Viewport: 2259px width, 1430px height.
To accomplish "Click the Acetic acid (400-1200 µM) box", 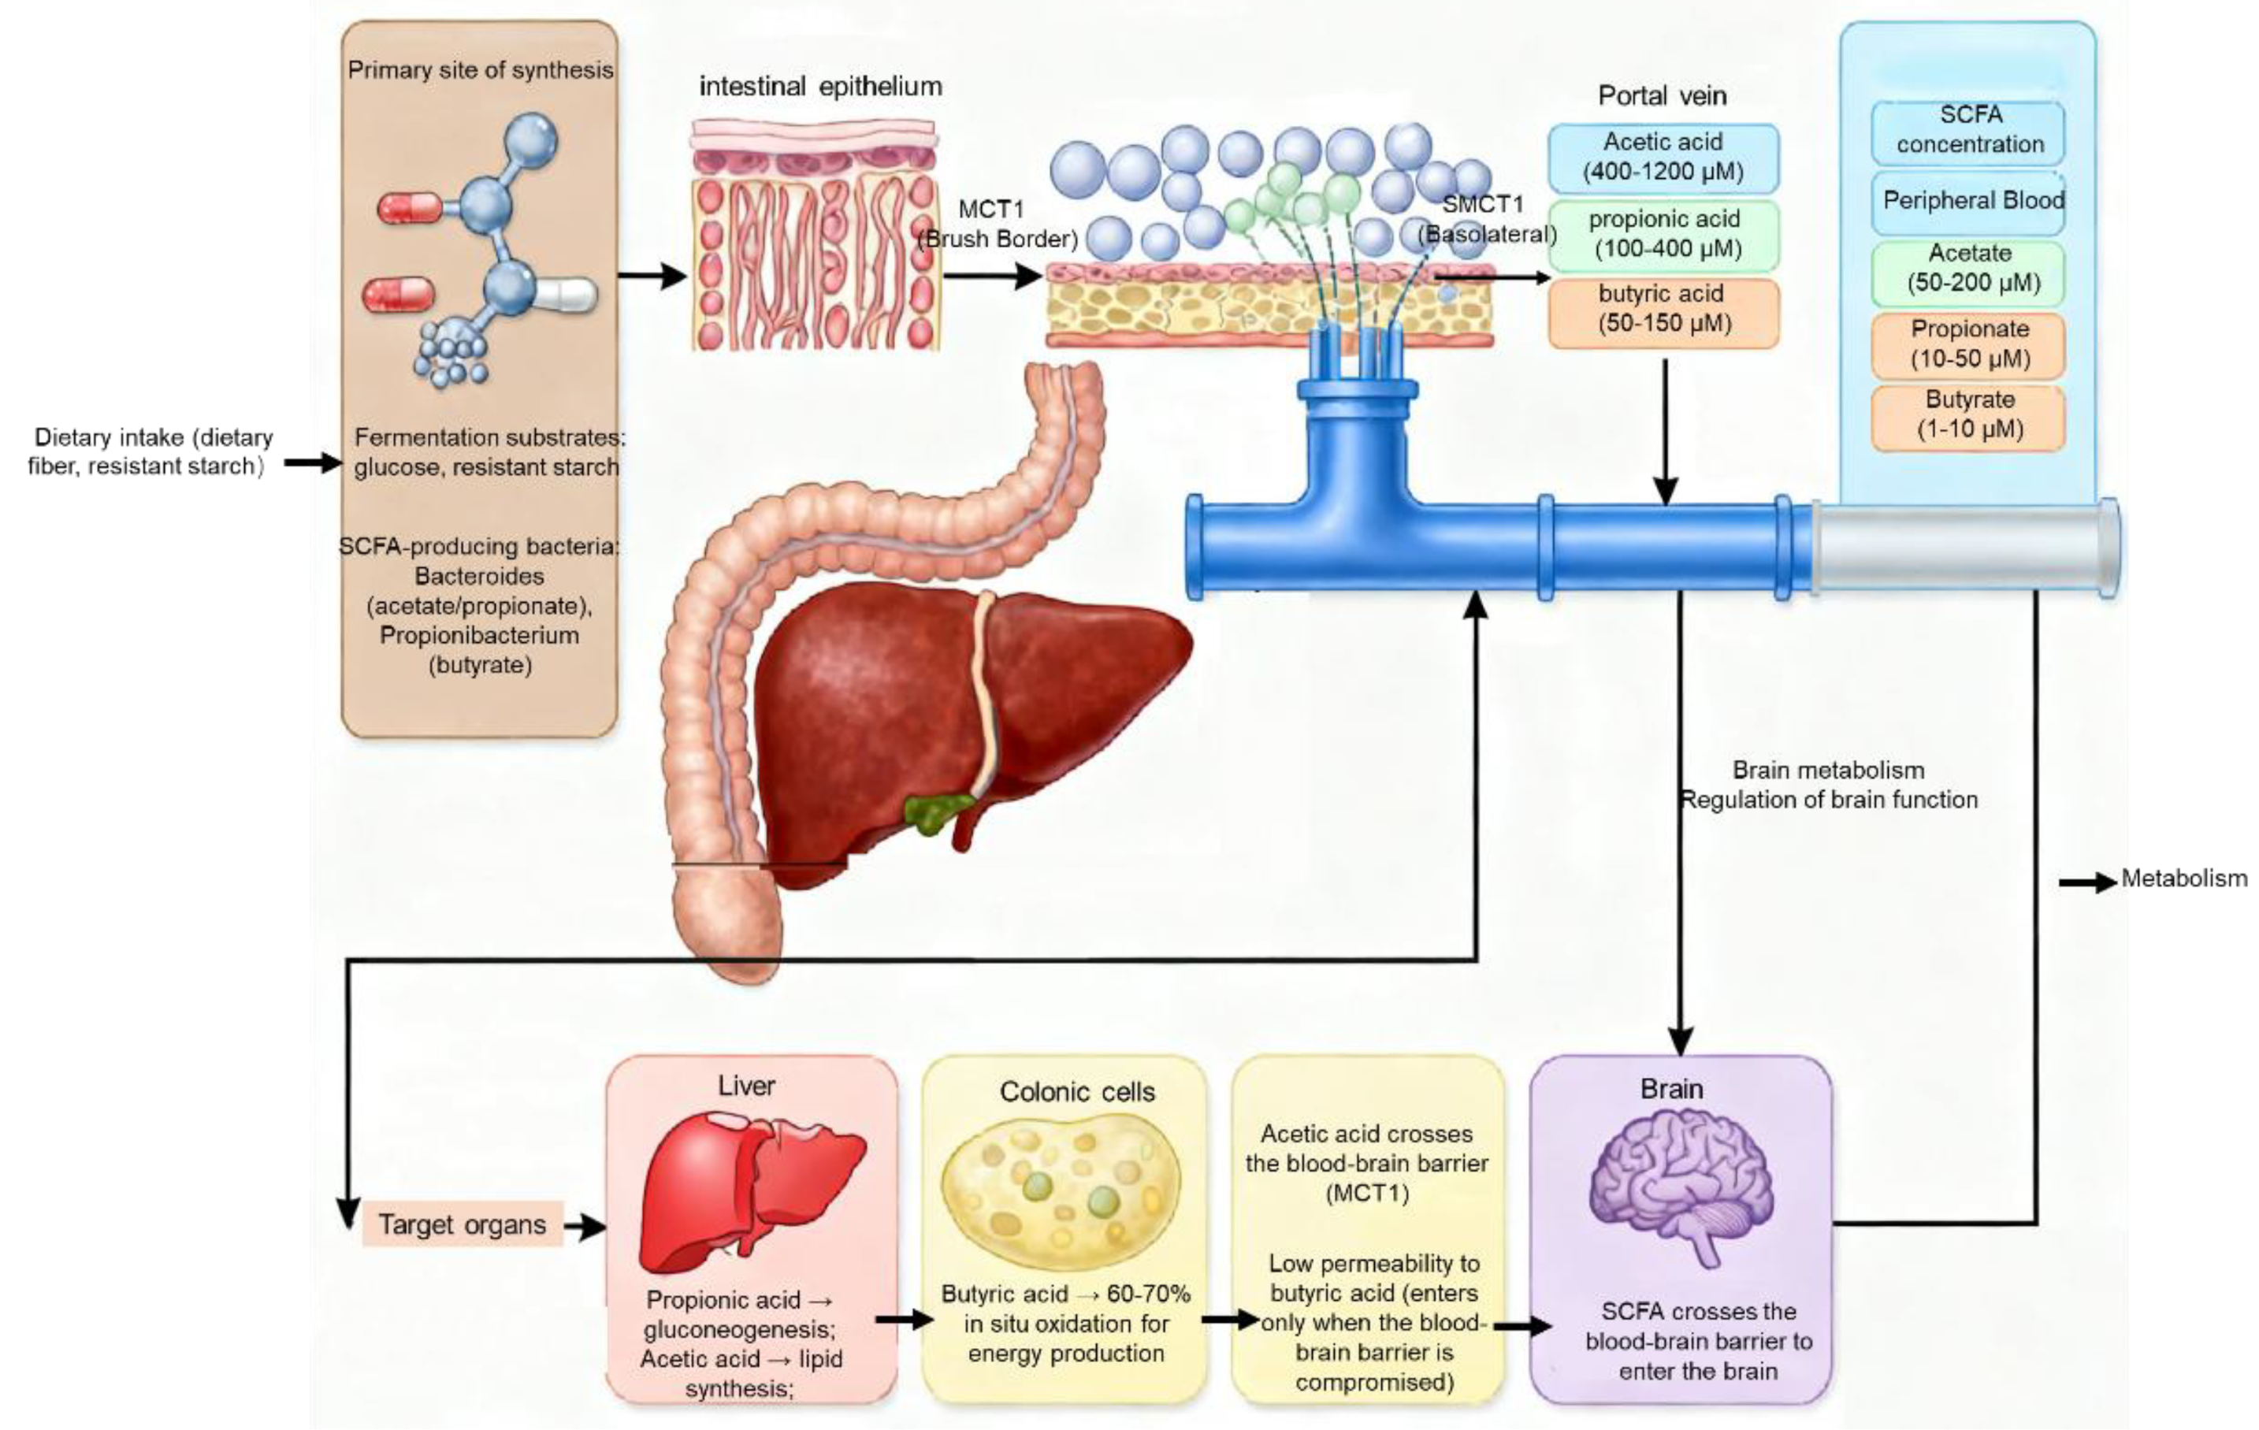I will [x=1663, y=157].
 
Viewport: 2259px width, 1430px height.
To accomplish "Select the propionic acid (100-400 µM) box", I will [x=1663, y=234].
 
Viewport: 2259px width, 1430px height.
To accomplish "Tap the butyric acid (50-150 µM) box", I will [x=1662, y=309].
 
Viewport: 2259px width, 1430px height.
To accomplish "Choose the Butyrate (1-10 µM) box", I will [x=1969, y=414].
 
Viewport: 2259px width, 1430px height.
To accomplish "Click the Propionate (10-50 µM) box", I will [x=1969, y=344].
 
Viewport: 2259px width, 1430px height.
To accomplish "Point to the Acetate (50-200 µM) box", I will [x=1969, y=269].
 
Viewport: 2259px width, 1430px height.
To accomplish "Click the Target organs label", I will [x=462, y=1224].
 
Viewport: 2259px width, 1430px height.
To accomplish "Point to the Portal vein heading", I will [x=1662, y=95].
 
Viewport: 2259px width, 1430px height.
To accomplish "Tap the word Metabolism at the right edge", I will [x=2184, y=879].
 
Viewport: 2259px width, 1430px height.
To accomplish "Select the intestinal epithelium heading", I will [x=821, y=87].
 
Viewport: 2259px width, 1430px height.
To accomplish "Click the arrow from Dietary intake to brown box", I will [x=312, y=462].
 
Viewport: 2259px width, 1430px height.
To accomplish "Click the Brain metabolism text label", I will [x=1827, y=771].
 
